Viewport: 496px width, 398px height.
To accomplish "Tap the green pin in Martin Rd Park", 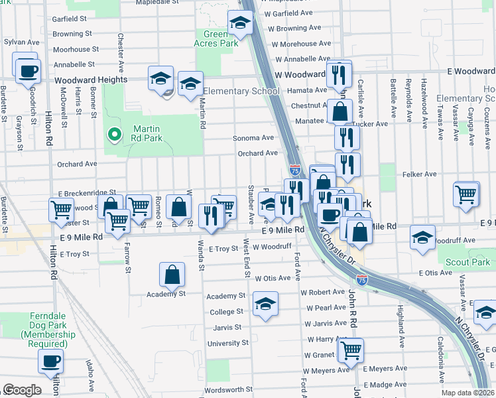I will pos(115,135).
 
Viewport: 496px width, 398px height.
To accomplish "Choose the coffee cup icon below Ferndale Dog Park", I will pos(50,362).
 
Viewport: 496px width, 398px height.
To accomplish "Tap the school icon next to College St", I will pos(265,304).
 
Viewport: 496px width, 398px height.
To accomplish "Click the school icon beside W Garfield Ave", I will pos(239,23).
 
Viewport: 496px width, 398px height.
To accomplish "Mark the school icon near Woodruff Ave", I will pos(422,238).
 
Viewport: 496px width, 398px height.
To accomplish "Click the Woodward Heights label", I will pos(91,80).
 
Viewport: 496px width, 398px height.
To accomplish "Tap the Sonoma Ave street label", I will pos(253,138).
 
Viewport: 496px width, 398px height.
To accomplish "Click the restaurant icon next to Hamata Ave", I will pos(339,73).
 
